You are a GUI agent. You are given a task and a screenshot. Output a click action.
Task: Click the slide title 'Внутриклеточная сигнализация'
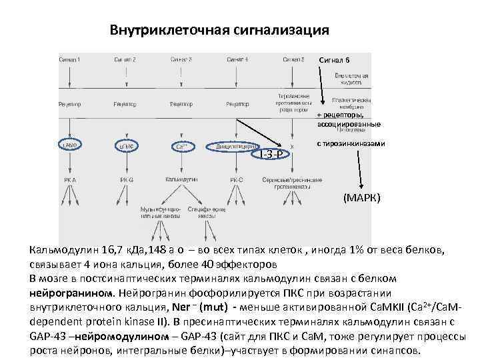[219, 31]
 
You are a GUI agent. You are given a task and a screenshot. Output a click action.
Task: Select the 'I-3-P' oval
[270, 155]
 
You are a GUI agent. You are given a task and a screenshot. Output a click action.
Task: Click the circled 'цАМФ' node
[69, 145]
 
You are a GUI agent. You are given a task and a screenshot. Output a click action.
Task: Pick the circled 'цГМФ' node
[127, 145]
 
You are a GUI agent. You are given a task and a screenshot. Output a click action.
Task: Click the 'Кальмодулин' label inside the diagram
[182, 179]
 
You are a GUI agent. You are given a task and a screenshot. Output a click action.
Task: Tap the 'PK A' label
[69, 179]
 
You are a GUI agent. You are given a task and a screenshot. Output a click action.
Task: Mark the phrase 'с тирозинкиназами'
[351, 144]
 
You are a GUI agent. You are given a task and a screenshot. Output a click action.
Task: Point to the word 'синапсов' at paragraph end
[397, 351]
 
